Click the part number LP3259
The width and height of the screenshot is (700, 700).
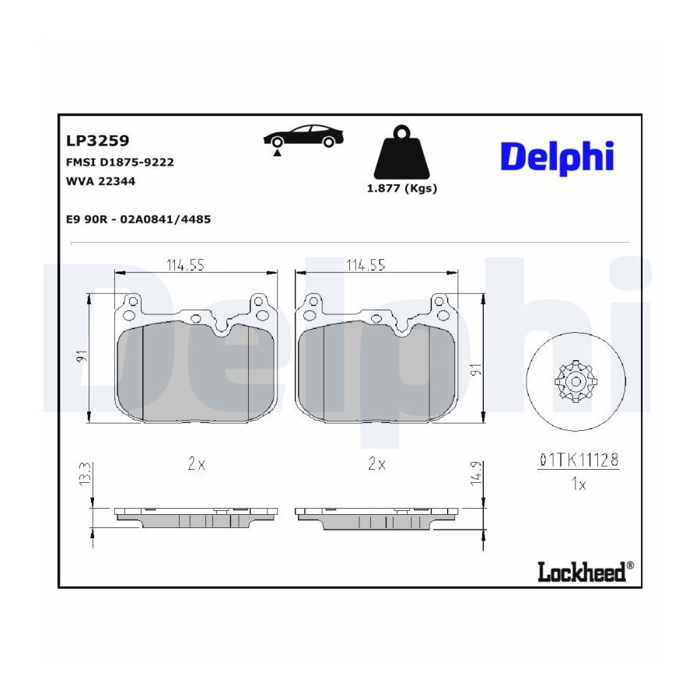tap(97, 141)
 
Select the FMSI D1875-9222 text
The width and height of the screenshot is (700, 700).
tap(120, 162)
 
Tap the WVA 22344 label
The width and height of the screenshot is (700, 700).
tap(100, 181)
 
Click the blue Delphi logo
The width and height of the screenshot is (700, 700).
tap(557, 157)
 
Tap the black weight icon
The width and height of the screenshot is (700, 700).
tap(401, 152)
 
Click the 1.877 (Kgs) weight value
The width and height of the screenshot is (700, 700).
tap(402, 188)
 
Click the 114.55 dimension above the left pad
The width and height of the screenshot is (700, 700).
tap(185, 265)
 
